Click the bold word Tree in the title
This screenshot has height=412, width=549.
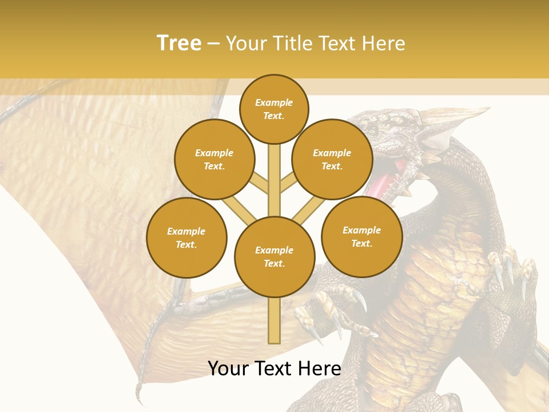(179, 43)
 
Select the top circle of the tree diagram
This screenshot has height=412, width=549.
(274, 109)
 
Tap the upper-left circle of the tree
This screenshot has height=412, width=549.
(214, 159)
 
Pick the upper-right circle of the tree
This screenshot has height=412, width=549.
(332, 159)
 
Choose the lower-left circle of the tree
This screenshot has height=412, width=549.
(186, 237)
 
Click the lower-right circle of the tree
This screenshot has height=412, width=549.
(361, 236)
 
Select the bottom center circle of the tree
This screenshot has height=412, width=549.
(274, 256)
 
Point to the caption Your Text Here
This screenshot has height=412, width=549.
(274, 369)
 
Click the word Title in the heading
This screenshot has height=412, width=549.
(293, 43)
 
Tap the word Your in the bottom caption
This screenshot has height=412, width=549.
(228, 369)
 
